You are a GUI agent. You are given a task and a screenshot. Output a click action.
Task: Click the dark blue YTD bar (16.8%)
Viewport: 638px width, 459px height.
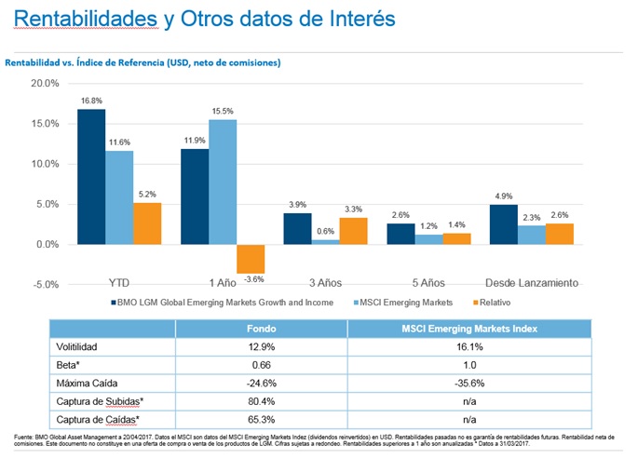pos(90,177)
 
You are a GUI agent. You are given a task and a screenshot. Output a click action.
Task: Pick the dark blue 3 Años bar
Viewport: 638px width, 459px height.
pos(297,228)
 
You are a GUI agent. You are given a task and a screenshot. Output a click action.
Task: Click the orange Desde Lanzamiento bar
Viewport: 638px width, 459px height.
pos(560,234)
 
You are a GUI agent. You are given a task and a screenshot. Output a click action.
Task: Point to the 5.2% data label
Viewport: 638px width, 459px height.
pos(147,194)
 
